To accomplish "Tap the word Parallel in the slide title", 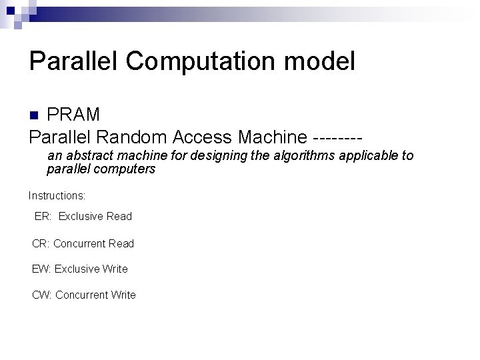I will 73,61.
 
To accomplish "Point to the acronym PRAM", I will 73,115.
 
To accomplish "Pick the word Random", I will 132,137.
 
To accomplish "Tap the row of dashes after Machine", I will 337,138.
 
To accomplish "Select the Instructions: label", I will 57,196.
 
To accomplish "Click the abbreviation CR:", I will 41,243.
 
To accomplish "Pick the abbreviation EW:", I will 41,269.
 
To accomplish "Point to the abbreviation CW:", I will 42,295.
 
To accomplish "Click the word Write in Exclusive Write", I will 115,269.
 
